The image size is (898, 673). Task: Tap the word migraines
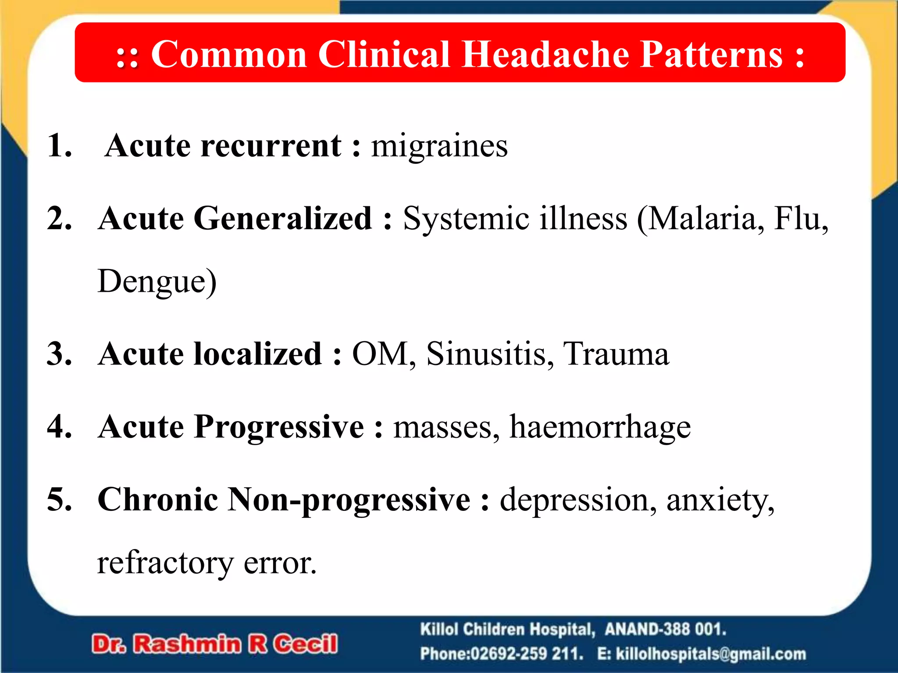[x=439, y=145]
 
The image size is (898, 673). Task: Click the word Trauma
[x=616, y=354]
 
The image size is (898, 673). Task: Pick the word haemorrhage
[x=600, y=427]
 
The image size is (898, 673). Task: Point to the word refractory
[x=165, y=563]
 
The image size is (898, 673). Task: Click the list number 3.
[x=59, y=354]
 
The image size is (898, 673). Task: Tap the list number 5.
[x=59, y=499]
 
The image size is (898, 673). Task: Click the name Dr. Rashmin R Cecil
[x=215, y=644]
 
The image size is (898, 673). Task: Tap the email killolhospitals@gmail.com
[x=710, y=654]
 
